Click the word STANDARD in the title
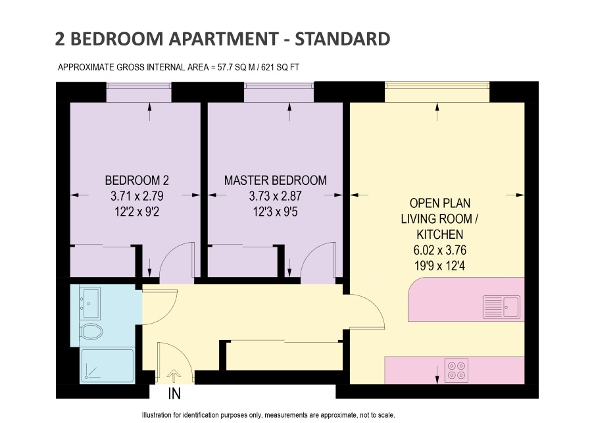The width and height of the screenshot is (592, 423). [342, 39]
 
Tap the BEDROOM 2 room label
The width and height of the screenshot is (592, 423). [137, 180]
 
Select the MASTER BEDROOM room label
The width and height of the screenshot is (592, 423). [275, 180]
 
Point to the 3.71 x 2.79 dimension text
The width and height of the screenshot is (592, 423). [137, 196]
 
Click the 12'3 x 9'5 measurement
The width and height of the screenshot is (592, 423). [275, 212]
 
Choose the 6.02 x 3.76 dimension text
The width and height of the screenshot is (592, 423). [440, 250]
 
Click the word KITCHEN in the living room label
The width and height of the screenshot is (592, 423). [440, 235]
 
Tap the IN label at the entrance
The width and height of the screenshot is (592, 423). [174, 394]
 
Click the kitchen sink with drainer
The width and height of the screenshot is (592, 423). [502, 307]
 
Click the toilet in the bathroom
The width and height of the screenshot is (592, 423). [91, 332]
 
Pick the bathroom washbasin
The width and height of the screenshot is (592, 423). [90, 303]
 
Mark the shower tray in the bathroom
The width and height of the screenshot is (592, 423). [108, 366]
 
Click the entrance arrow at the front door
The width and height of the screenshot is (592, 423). [174, 376]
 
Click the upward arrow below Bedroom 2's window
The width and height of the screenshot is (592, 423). [150, 112]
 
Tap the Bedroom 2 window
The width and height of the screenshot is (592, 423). [139, 86]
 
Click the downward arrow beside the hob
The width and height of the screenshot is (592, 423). [437, 375]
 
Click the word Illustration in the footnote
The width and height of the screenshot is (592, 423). [157, 415]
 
